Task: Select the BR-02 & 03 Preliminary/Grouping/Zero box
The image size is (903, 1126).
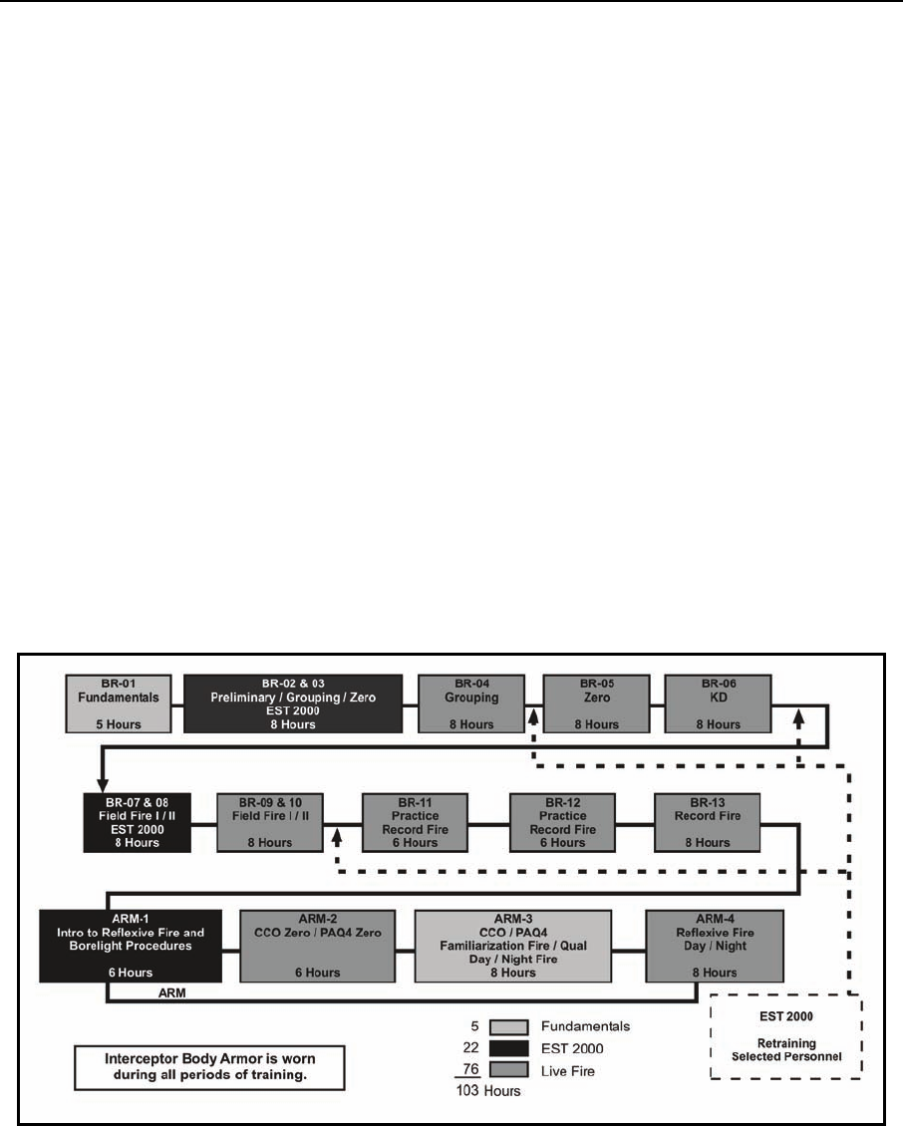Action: click(293, 704)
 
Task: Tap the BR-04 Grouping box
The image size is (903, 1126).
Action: click(470, 704)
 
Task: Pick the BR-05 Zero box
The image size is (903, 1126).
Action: click(595, 704)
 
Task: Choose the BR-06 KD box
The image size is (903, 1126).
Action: click(718, 704)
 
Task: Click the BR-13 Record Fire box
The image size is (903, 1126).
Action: click(707, 822)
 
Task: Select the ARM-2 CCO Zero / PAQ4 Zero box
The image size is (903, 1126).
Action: click(313, 945)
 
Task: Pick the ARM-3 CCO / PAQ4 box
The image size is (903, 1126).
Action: click(511, 945)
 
